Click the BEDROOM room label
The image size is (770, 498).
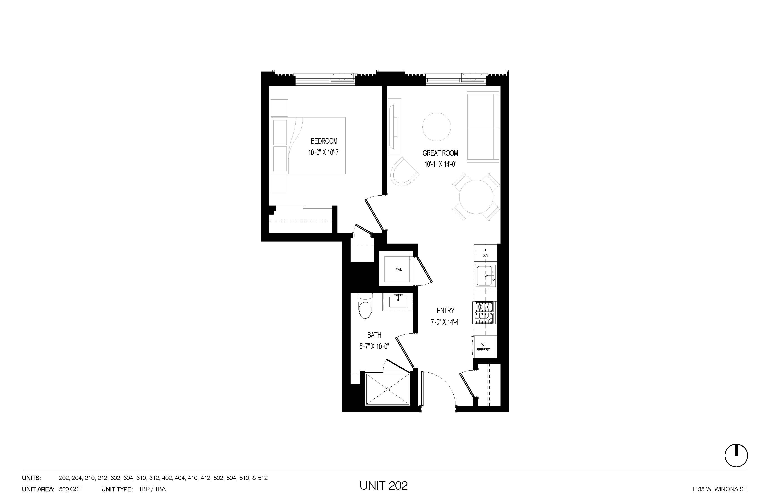pos(324,141)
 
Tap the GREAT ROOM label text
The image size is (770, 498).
pos(440,153)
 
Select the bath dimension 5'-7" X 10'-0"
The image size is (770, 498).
pos(374,346)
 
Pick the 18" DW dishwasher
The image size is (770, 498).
pos(485,253)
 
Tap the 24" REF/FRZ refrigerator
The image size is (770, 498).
pos(484,348)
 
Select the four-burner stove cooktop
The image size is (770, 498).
pos(485,312)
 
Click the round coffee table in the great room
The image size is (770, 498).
pos(436,127)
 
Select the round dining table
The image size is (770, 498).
pos(476,197)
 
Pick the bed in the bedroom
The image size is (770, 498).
pos(309,146)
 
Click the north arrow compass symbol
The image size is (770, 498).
pos(736,455)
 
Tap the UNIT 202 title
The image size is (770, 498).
pos(383,485)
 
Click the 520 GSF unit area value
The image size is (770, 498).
pos(70,489)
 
